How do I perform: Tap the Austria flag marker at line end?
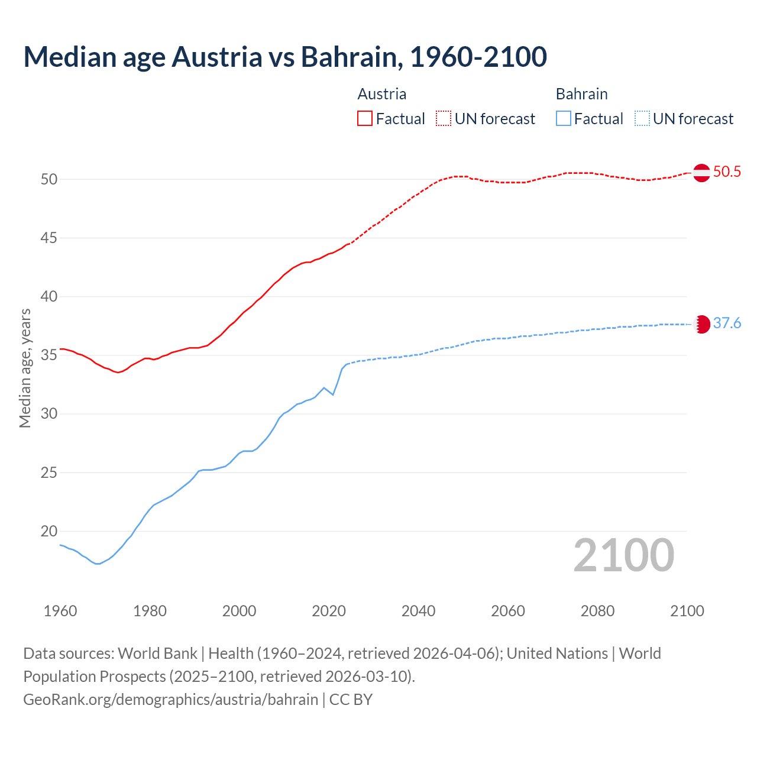(701, 173)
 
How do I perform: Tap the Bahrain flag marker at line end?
(701, 324)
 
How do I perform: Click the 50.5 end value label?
(727, 172)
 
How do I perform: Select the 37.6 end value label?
(727, 323)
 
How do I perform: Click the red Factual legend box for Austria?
(365, 119)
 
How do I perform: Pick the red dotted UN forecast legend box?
(444, 119)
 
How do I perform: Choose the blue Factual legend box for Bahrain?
(564, 119)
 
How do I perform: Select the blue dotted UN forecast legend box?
(642, 119)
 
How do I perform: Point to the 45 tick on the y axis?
(49, 238)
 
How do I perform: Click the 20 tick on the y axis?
(49, 532)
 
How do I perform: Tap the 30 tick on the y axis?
(49, 414)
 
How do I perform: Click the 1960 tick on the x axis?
(60, 611)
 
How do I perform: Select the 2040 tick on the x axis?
(418, 611)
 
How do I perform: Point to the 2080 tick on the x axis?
(597, 611)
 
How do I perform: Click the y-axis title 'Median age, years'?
(25, 368)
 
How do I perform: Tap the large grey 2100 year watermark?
(623, 555)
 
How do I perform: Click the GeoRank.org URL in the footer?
(170, 700)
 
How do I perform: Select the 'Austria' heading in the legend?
(382, 94)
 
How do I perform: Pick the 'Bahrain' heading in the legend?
(581, 94)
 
